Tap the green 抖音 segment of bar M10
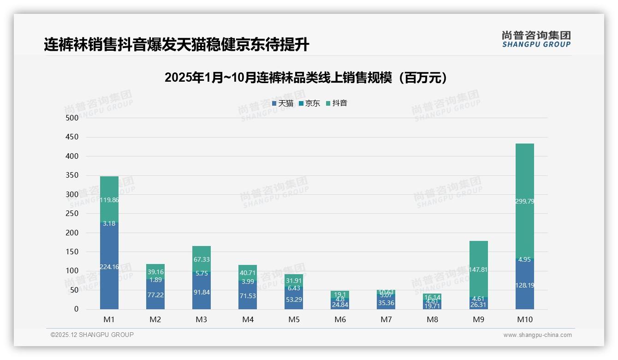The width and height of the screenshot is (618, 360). click(524, 185)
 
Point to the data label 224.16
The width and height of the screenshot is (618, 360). click(109, 267)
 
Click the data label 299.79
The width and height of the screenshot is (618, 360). click(524, 201)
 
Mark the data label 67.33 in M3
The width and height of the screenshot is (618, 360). click(202, 260)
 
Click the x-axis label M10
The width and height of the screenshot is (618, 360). click(524, 319)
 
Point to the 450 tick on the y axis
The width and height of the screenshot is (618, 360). click(71, 137)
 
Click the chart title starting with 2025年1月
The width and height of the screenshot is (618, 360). click(306, 78)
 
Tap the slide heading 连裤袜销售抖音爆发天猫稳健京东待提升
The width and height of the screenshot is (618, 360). click(176, 45)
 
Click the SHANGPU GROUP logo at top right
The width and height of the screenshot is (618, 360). click(536, 39)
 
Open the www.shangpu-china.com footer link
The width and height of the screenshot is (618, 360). click(537, 335)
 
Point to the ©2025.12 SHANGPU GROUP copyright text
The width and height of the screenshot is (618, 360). click(92, 335)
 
